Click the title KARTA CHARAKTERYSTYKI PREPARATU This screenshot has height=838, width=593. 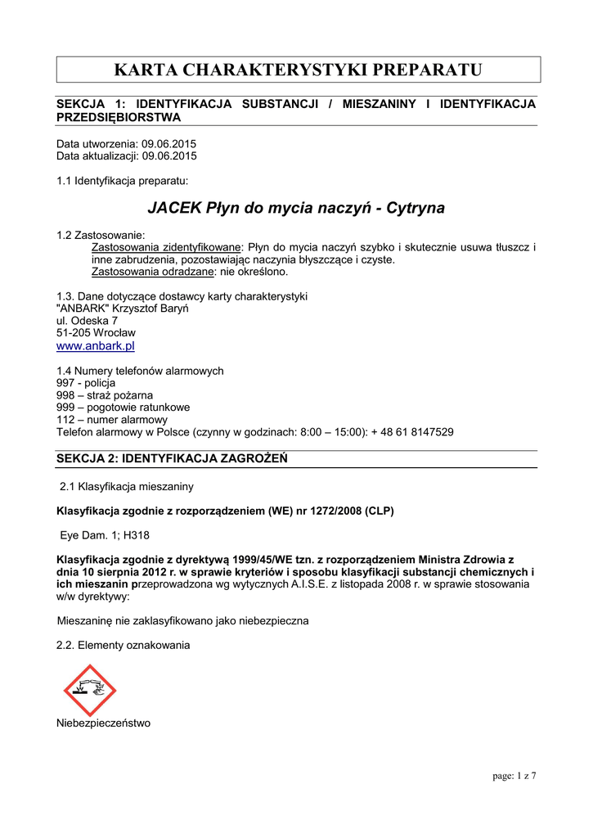coord(298,70)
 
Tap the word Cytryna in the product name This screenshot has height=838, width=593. coord(416,208)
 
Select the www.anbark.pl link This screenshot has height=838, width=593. coord(95,346)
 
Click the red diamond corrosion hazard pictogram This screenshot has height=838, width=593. coord(90,690)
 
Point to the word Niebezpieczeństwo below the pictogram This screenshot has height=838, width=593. coord(103,723)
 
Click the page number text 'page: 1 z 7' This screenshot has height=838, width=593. coord(514,776)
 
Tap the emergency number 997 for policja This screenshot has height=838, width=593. coord(65,383)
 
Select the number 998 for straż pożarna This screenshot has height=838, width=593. coord(65,395)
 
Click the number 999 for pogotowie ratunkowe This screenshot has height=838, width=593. coord(65,407)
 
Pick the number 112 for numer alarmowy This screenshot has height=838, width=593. coord(65,419)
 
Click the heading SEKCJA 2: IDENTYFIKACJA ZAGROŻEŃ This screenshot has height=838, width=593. coord(172,458)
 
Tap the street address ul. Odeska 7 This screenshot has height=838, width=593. coord(87,321)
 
